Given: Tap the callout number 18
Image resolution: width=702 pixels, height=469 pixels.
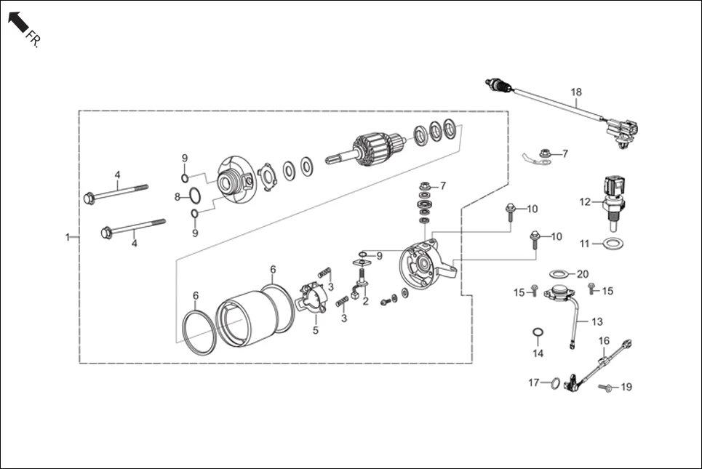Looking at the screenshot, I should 576,92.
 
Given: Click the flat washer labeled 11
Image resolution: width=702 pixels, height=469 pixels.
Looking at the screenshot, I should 613,243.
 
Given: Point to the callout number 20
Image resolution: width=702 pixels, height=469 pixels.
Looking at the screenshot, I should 582,274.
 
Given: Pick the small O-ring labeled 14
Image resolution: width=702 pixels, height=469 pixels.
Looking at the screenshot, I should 537,334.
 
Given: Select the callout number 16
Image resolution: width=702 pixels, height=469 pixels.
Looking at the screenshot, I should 604,340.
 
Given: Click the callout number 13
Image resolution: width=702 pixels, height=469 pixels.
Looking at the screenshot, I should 597,321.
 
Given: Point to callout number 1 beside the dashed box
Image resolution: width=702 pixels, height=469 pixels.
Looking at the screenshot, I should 68,237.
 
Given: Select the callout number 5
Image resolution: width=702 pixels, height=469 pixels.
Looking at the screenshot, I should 316,330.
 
